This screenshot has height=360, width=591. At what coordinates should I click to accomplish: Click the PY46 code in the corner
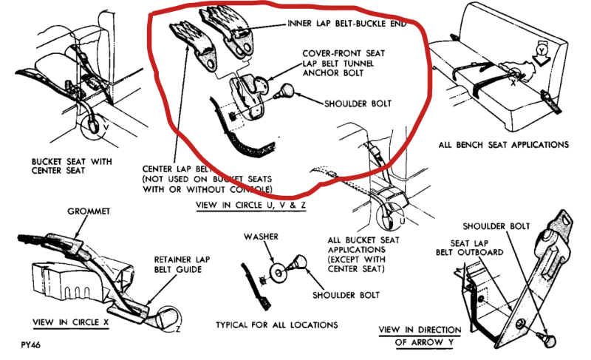point(32,346)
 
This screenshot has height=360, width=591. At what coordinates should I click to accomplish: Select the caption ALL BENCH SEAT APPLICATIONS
point(503,144)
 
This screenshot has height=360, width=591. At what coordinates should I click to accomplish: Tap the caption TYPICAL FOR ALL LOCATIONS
point(277,325)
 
